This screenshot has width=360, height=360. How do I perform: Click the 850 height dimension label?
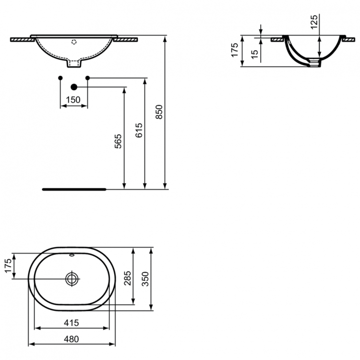coord(161,111)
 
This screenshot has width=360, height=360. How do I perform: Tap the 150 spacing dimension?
coord(73,100)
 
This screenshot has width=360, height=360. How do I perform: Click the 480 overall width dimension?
coord(71,338)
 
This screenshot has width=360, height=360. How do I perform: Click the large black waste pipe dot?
coord(74,87)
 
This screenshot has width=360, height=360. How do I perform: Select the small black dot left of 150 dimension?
coord(60,77)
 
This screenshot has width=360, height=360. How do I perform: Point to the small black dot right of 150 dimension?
coord(87,77)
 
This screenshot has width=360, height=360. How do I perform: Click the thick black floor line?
coord(74,189)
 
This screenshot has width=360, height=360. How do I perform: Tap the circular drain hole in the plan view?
coord(72,278)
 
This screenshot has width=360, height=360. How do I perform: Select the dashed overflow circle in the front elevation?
coord(74,42)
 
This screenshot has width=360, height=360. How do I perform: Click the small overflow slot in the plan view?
coord(72,255)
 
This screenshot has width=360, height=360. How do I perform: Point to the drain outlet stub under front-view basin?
coord(74,63)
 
